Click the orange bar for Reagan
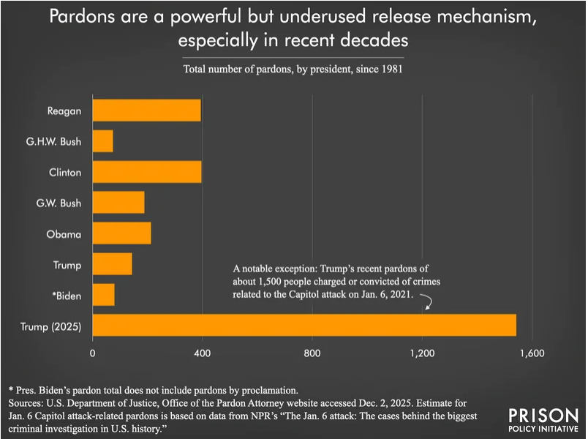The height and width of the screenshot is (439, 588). (x=146, y=110)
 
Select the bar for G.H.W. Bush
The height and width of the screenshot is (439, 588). (x=103, y=141)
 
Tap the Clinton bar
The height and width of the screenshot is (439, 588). (x=147, y=172)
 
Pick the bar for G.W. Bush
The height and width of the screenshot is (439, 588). (x=118, y=203)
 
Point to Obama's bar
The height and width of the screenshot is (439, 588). (x=121, y=233)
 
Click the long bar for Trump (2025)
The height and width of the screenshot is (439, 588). (x=304, y=326)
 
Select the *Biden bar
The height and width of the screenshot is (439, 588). (x=104, y=295)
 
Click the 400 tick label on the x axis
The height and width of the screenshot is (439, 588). (x=202, y=354)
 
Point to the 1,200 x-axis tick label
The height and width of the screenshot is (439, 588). (x=422, y=354)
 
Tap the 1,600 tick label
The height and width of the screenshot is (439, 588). (x=532, y=354)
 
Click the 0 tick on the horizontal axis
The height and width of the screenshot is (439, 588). (x=93, y=354)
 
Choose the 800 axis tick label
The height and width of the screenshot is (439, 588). (x=312, y=354)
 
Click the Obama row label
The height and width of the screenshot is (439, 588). (x=65, y=234)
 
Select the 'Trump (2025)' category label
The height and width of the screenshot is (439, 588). (x=50, y=326)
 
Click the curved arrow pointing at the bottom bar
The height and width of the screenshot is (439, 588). (x=427, y=303)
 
